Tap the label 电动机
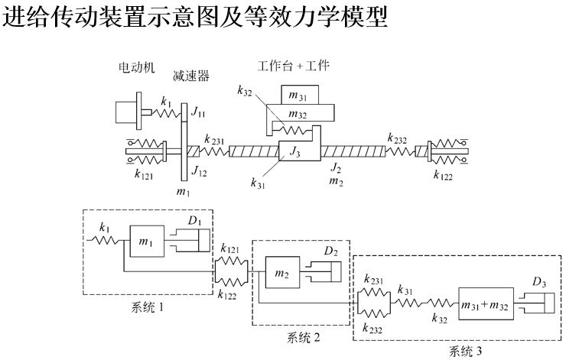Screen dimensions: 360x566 tap(132, 68)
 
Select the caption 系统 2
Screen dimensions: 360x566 tap(298, 337)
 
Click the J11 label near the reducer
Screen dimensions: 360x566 tap(198, 113)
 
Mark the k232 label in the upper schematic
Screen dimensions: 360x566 tap(397, 139)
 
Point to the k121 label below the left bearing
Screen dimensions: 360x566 tap(145, 175)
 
